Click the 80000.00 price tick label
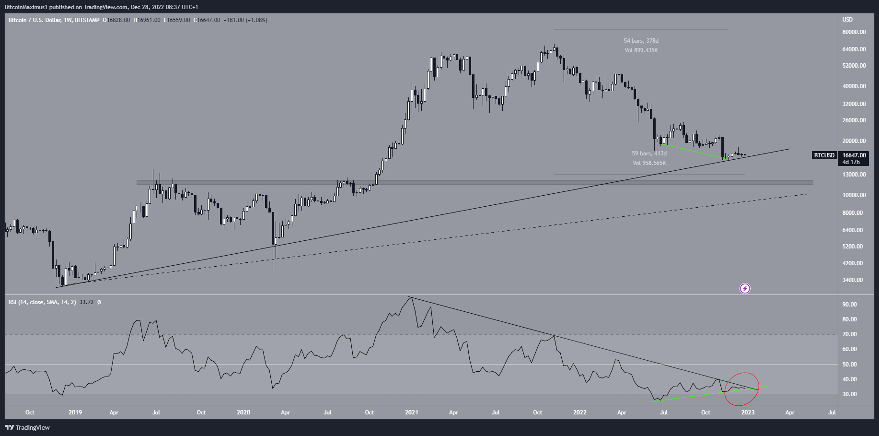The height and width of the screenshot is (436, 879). point(854,32)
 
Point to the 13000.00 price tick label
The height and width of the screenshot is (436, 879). point(854,175)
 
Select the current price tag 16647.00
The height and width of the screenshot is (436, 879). point(854,155)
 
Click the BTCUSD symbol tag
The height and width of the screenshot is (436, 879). point(824,155)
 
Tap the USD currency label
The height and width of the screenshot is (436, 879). point(847,20)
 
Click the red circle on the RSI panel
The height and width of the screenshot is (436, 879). point(742,389)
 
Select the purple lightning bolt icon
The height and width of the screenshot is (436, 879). point(745,288)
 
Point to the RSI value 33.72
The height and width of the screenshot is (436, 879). point(86,302)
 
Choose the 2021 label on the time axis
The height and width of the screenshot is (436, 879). point(411,412)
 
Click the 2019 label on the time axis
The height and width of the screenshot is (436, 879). point(75,412)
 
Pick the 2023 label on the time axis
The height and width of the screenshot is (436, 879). point(748,412)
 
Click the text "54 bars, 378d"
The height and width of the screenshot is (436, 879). point(641,41)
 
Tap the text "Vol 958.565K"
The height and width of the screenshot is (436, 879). point(649,163)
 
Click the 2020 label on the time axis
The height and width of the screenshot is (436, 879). point(243,412)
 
